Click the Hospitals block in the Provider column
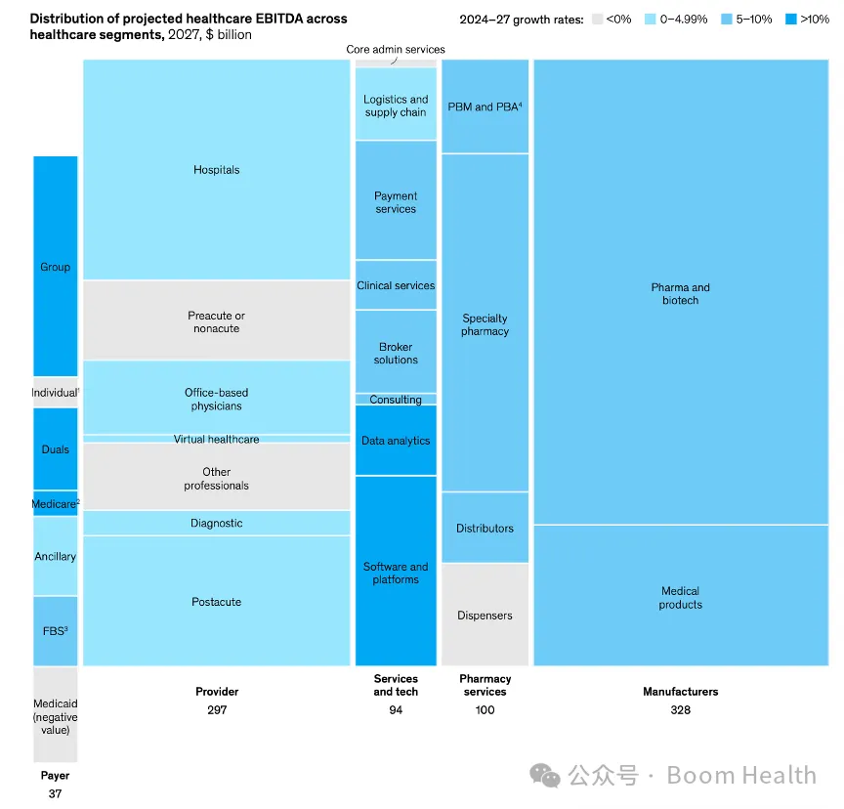(216, 170)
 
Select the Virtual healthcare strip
(216, 440)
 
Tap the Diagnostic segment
(216, 523)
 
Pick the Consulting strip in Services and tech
(396, 400)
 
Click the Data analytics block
(396, 441)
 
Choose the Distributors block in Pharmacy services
(485, 529)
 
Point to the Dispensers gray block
(485, 616)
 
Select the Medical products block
(680, 597)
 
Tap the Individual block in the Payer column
(55, 392)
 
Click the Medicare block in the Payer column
(55, 504)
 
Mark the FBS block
(55, 630)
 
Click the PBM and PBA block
(485, 106)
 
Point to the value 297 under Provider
(216, 709)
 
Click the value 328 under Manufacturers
(680, 709)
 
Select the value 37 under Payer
(55, 793)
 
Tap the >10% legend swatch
(790, 19)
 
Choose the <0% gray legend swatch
(598, 19)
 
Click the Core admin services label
(396, 49)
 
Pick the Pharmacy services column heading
(485, 685)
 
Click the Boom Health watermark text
(740, 776)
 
